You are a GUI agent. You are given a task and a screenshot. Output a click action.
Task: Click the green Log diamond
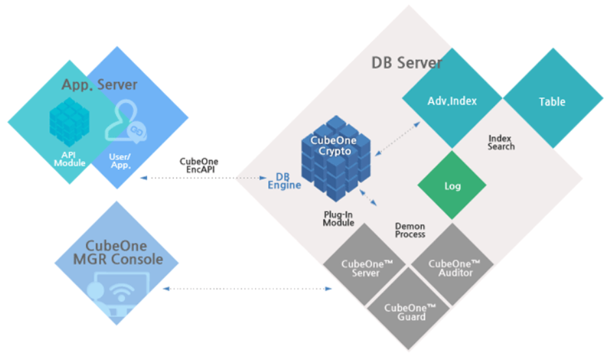pyautogui.click(x=452, y=186)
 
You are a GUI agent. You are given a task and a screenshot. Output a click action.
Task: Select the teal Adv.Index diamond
pyautogui.click(x=452, y=102)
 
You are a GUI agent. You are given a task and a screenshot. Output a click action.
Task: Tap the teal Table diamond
pyautogui.click(x=552, y=102)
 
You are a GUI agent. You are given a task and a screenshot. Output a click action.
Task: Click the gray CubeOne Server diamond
pyautogui.click(x=366, y=268)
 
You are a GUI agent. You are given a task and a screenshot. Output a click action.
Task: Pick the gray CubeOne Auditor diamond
pyautogui.click(x=454, y=268)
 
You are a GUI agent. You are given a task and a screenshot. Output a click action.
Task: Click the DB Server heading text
pyautogui.click(x=407, y=63)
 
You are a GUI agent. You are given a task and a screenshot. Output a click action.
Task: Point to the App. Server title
pyautogui.click(x=99, y=85)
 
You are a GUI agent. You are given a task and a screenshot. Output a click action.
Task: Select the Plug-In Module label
pyautogui.click(x=338, y=219)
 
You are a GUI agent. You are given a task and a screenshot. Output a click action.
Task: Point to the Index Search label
pyautogui.click(x=501, y=143)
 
